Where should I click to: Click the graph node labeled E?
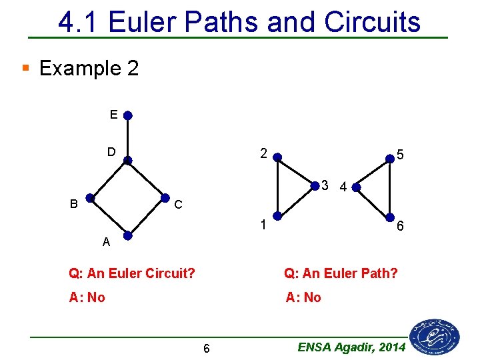pos(127,115)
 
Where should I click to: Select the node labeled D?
pos(127,160)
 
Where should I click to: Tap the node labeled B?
pos(89,198)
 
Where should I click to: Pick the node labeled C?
pos(165,198)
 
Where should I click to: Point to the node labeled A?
pos(127,236)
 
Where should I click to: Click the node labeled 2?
pos(277,159)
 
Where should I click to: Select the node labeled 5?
pos(390,159)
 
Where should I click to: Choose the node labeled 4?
pos(356,187)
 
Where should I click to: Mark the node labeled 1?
pos(277,216)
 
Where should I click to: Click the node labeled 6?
pos(390,217)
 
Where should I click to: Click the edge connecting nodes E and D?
pos(127,138)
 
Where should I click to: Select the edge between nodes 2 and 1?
pos(277,187)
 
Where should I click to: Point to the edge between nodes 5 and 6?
pos(390,188)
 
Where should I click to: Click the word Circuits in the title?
pos(373,23)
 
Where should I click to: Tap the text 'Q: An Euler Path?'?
pos(341,273)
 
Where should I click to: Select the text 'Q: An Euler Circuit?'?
pos(132,273)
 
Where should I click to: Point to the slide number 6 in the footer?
pos(207,349)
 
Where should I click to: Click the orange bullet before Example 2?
pos(26,67)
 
